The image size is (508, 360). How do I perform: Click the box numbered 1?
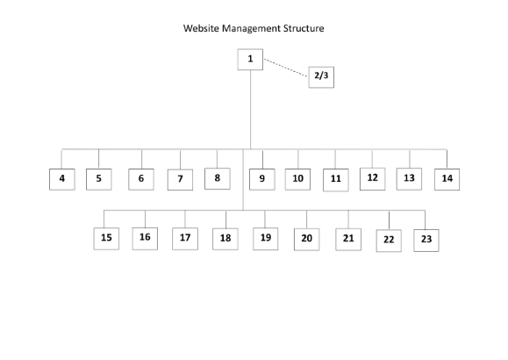pyautogui.click(x=250, y=60)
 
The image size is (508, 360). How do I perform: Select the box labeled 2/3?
pyautogui.click(x=321, y=77)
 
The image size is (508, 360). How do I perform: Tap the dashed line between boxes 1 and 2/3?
pyautogui.click(x=285, y=68)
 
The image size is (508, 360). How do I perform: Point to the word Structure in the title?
pyautogui.click(x=304, y=28)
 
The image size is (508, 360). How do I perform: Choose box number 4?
pyautogui.click(x=62, y=179)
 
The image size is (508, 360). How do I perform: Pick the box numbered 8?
pyautogui.click(x=218, y=178)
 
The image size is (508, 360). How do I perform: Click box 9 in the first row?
pyautogui.click(x=262, y=179)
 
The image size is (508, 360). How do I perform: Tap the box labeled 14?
pyautogui.click(x=447, y=179)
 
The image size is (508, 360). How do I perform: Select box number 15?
pyautogui.click(x=106, y=239)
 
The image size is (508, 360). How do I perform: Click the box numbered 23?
pyautogui.click(x=426, y=241)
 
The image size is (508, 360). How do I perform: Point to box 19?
pyautogui.click(x=265, y=239)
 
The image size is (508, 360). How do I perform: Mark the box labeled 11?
pyautogui.click(x=336, y=180)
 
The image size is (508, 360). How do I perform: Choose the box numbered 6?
pyautogui.click(x=141, y=179)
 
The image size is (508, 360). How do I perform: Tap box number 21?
pyautogui.click(x=348, y=240)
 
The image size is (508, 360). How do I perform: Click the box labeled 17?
pyautogui.click(x=185, y=239)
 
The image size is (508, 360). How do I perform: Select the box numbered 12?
pyautogui.click(x=373, y=179)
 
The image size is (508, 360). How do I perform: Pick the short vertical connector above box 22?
pyautogui.click(x=389, y=220)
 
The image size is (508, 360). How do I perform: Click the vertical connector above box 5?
pyautogui.click(x=99, y=159)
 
